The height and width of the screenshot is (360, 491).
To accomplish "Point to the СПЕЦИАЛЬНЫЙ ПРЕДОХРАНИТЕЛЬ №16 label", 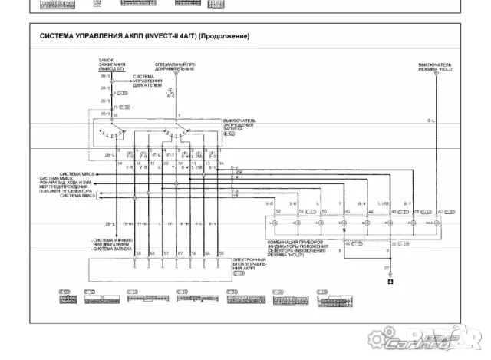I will [x=176, y=66].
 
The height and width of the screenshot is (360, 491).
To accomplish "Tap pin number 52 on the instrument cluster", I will [x=278, y=210].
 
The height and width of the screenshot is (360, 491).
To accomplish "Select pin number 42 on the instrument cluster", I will [x=438, y=210].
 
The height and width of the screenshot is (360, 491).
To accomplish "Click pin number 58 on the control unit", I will [x=138, y=252].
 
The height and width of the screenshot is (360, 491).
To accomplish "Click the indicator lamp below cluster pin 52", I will [x=274, y=222].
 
